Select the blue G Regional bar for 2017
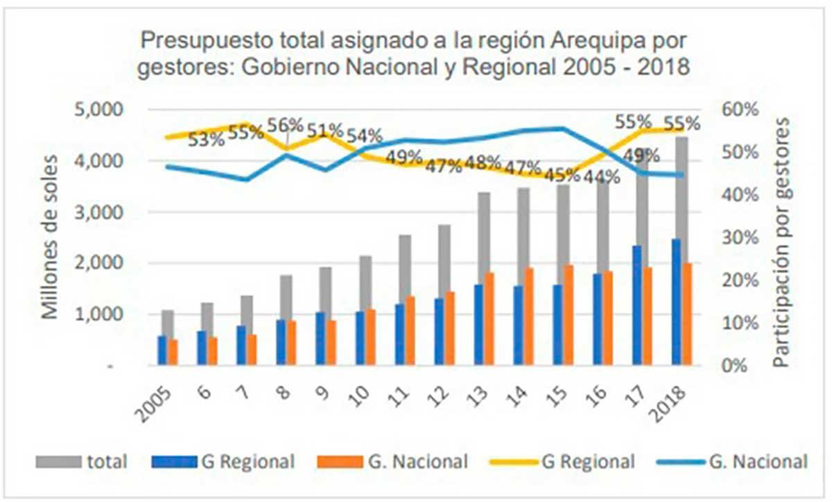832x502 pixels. click(x=637, y=305)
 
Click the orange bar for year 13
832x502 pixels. click(x=489, y=319)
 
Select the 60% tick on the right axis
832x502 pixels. click(x=742, y=109)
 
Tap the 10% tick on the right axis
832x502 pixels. click(x=742, y=323)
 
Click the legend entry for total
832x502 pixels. click(x=107, y=461)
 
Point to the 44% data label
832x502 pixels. click(x=601, y=177)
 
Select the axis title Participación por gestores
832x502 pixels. click(x=783, y=242)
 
